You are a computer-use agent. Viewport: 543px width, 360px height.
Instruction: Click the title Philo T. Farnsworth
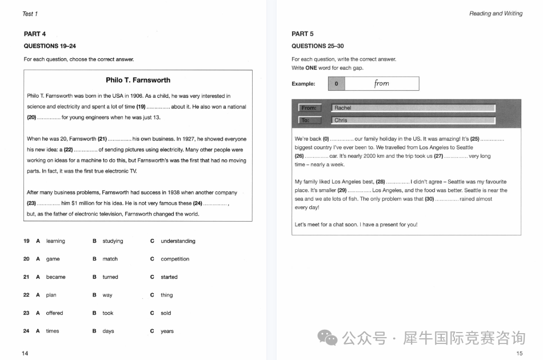[138, 80]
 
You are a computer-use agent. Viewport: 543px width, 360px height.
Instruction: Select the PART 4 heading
[35, 34]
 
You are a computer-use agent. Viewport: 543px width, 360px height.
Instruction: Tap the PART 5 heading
[302, 34]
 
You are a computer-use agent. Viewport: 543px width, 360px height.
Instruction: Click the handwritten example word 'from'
[382, 83]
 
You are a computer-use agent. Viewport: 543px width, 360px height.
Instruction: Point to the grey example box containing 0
[336, 84]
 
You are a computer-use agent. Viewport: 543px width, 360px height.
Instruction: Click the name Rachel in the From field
[343, 108]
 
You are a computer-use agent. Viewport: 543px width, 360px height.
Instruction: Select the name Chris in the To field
[341, 121]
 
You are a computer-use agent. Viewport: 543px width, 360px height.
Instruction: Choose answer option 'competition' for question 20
[175, 259]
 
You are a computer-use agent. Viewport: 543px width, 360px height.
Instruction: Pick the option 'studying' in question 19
[113, 241]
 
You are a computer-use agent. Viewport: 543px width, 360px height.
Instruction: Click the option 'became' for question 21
[55, 277]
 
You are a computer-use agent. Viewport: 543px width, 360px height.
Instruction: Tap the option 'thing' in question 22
[166, 295]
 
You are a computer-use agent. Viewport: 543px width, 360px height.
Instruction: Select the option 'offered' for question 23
[54, 313]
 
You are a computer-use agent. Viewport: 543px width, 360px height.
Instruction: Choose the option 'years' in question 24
[167, 331]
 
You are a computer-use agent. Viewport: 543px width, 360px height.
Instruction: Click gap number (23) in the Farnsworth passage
[31, 203]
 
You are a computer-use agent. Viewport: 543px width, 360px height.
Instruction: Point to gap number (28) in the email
[380, 182]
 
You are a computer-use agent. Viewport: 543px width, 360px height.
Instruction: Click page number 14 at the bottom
[25, 353]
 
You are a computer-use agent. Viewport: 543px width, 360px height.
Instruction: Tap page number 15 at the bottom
[519, 353]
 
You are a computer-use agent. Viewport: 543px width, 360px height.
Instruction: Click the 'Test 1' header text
[30, 14]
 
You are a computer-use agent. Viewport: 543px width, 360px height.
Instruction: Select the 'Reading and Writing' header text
[496, 14]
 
